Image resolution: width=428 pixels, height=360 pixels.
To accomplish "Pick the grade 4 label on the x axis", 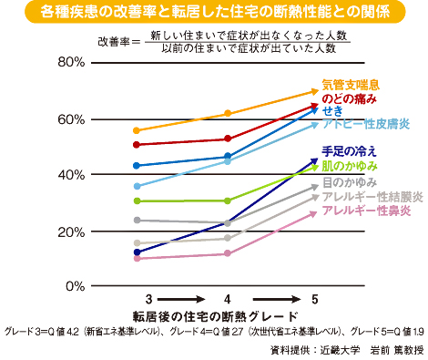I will click(x=226, y=299).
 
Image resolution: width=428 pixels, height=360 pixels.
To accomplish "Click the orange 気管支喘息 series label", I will click(x=358, y=85).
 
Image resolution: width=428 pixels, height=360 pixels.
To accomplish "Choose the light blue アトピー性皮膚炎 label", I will click(x=368, y=123).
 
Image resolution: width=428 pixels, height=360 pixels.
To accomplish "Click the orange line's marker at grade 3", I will click(x=137, y=130).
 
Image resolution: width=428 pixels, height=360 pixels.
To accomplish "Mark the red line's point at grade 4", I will click(x=226, y=139).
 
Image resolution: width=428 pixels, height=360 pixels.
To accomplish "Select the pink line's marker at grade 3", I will click(x=137, y=259).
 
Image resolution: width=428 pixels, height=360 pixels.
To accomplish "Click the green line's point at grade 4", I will click(x=226, y=201).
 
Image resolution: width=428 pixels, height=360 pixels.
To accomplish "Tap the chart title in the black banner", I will click(x=214, y=13).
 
